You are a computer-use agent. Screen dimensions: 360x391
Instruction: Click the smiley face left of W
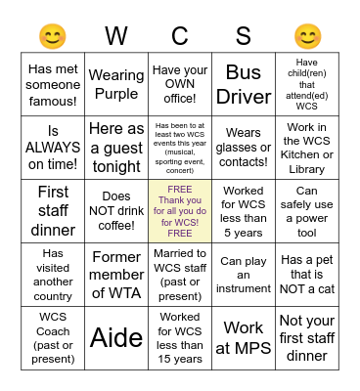[52, 37]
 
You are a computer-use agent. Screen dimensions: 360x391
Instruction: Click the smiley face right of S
[307, 37]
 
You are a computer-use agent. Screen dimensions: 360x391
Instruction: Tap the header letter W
[116, 37]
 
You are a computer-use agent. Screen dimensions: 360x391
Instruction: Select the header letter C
[180, 37]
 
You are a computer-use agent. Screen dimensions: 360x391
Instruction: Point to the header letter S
[244, 37]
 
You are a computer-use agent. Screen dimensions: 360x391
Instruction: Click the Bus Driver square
[244, 85]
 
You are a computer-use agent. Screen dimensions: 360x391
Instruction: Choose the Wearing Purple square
[116, 85]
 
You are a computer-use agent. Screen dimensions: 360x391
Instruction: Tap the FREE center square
[180, 210]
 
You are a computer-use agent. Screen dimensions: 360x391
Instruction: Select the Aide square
[116, 337]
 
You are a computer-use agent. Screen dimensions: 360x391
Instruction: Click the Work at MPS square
[244, 337]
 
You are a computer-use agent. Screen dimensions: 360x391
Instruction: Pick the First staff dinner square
[53, 210]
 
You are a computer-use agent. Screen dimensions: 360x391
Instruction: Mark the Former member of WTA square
[116, 275]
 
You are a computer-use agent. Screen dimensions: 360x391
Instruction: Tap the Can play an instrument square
[244, 275]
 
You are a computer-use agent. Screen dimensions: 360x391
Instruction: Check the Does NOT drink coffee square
[116, 210]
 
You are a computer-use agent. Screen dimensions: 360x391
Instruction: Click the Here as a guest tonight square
[116, 147]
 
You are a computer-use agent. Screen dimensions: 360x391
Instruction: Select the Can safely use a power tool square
[307, 210]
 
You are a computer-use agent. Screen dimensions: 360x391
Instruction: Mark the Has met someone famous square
[53, 85]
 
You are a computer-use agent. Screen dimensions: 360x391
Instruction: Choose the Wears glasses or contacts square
[244, 147]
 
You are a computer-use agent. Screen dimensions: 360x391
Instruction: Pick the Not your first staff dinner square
[307, 337]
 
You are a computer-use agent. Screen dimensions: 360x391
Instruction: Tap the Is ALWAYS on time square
[53, 147]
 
